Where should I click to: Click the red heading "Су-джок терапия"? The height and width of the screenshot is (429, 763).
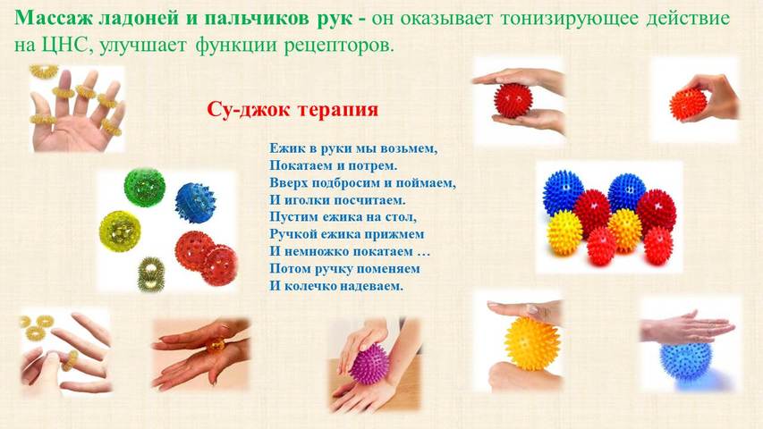coord(292,109)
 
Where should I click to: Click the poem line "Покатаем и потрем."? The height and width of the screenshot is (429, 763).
coord(334,166)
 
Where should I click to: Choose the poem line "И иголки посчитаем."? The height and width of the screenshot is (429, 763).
coord(337,200)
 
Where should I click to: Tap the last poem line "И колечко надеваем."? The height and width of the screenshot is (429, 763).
coord(336,285)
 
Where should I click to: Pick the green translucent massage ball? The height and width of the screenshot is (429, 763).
coord(145,188)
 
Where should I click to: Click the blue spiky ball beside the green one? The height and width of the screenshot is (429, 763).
coord(195,202)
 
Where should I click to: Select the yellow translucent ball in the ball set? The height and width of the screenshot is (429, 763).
coord(120,231)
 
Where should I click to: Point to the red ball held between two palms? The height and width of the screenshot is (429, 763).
coord(513,100)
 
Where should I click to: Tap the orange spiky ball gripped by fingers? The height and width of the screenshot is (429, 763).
coord(688,105)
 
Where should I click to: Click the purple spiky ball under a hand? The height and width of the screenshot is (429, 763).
coord(369,364)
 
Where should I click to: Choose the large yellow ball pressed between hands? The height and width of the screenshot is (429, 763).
coord(532,343)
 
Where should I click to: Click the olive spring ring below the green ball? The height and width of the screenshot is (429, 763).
coord(151,274)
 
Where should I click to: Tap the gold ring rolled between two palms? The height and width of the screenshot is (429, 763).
coord(215,344)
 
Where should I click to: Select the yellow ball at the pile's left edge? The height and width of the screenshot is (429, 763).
coord(565,232)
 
